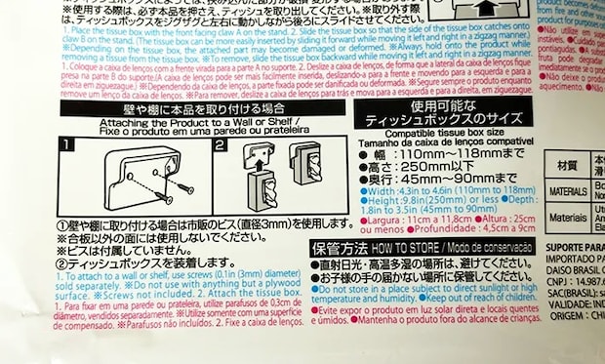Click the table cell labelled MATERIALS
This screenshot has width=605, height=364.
(568, 189)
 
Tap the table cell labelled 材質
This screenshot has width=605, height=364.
(568, 165)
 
